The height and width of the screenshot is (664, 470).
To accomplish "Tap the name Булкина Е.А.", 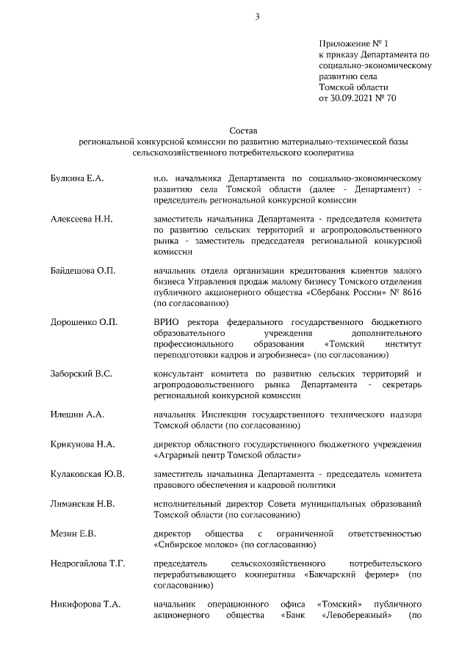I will pos(78,178).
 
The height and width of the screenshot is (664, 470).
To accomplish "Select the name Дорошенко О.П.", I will pos(84,322).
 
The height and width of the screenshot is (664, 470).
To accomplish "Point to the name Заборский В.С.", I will pos(81,373).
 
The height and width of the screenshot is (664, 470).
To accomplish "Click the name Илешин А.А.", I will pos(77,415).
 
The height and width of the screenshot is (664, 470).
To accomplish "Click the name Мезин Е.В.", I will pos(73,533).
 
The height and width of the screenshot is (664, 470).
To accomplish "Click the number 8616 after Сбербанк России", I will pos(408,291).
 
